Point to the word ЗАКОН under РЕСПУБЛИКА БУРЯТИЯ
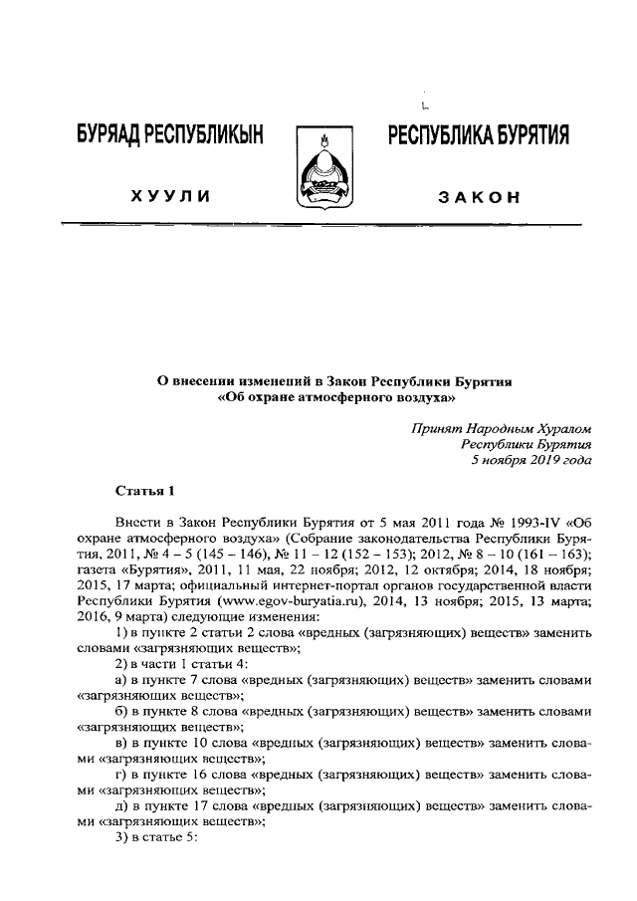479,196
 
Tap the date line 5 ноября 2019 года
532,461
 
